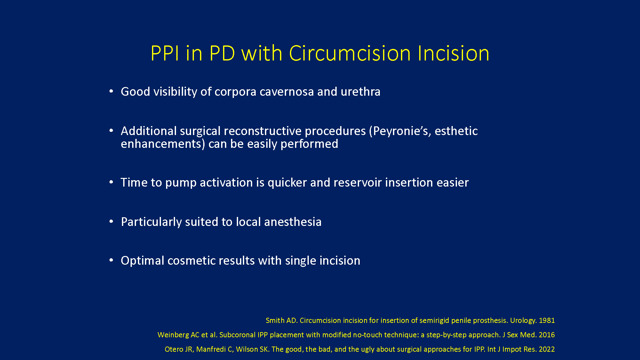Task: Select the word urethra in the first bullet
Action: (x=360, y=92)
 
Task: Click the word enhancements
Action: (x=161, y=144)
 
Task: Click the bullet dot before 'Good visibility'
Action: (x=111, y=92)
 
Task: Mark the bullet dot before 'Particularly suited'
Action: (x=111, y=221)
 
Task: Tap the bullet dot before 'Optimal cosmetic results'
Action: (x=111, y=260)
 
